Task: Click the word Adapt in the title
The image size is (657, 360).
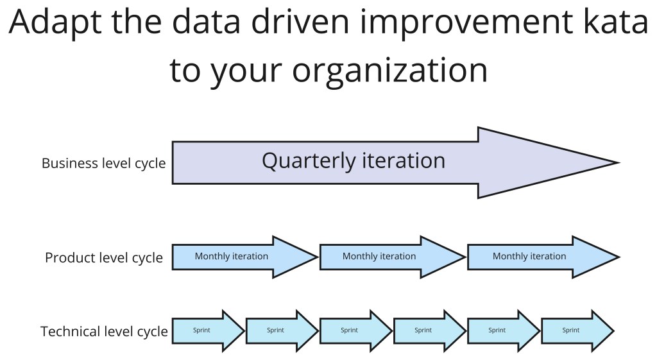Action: pyautogui.click(x=55, y=22)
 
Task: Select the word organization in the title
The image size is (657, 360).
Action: pyautogui.click(x=389, y=71)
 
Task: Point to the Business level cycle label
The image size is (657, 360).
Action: pyautogui.click(x=103, y=163)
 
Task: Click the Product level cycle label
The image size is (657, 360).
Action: pyautogui.click(x=104, y=257)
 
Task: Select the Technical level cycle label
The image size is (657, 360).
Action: pyautogui.click(x=105, y=332)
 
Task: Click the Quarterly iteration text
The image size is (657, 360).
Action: pyautogui.click(x=354, y=161)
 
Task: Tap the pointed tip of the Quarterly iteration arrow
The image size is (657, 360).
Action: pyautogui.click(x=619, y=162)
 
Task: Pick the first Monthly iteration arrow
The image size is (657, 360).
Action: pyautogui.click(x=245, y=257)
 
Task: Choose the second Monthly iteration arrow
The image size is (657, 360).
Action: pyautogui.click(x=393, y=257)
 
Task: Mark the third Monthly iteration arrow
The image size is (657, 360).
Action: pyautogui.click(x=543, y=257)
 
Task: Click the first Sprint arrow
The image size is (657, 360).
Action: pyautogui.click(x=209, y=330)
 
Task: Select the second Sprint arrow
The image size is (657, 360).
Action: pyautogui.click(x=282, y=330)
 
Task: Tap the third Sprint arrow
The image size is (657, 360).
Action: pyautogui.click(x=355, y=330)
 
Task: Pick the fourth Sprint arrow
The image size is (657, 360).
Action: pyautogui.click(x=430, y=330)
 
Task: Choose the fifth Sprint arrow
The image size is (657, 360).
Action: pyautogui.click(x=504, y=330)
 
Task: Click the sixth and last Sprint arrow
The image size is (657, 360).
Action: pyautogui.click(x=578, y=330)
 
